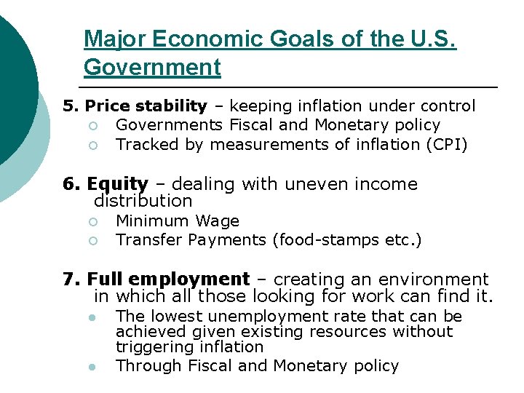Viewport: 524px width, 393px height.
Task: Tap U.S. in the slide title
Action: tap(432, 39)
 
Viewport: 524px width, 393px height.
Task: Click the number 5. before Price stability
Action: tap(71, 106)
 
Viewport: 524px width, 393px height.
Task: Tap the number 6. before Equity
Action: tap(71, 184)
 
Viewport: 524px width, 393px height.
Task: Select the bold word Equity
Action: tap(118, 184)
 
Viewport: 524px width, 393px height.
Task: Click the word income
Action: tap(386, 184)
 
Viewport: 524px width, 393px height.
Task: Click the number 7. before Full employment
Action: tap(71, 279)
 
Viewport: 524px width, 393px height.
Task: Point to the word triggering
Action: tap(151, 347)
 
